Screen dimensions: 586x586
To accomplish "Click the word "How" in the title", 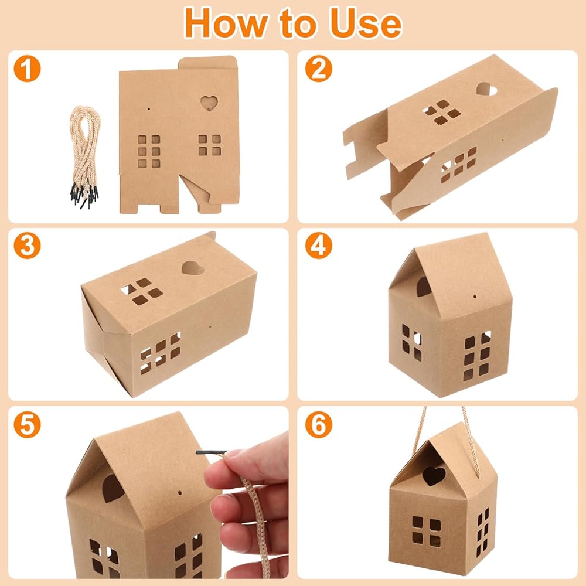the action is tap(226, 23).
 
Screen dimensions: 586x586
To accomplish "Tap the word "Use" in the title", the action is tap(365, 23).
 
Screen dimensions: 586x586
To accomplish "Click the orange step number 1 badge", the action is tap(28, 69).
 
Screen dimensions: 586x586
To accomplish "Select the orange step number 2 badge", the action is tap(318, 69).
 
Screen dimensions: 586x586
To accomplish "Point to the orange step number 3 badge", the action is tap(28, 246).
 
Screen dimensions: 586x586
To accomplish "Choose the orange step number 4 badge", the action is tap(318, 246).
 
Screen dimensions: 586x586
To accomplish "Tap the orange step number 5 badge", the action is tap(28, 424).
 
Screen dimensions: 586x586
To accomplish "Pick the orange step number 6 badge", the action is tap(318, 424).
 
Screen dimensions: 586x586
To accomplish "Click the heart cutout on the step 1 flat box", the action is tap(209, 103).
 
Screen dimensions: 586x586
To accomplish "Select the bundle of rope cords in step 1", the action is tap(84, 157).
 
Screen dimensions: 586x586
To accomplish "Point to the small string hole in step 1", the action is tap(149, 109).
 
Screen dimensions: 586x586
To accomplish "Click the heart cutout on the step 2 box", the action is tap(486, 90).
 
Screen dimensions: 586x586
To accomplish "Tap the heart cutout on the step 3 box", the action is tap(193, 268).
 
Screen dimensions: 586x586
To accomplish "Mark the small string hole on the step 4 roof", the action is tap(475, 297).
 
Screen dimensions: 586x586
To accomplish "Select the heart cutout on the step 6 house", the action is tap(434, 475).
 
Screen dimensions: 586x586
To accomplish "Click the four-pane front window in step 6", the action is tap(427, 531).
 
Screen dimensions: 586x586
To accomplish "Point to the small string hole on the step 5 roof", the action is tap(180, 493).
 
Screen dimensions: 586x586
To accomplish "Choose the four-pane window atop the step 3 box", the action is tap(142, 291).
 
